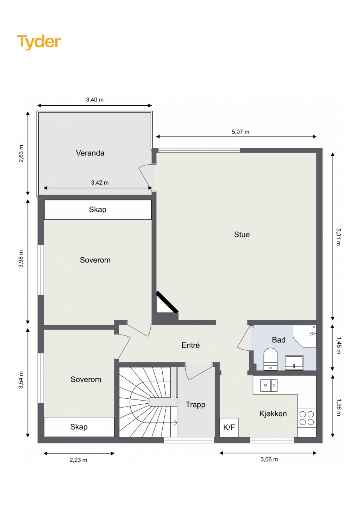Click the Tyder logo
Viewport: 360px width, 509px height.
(39, 42)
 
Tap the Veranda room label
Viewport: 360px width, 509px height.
(90, 153)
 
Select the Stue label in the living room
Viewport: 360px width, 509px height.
(242, 234)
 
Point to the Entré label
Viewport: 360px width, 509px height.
(191, 345)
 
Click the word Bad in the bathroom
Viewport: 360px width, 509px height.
(279, 340)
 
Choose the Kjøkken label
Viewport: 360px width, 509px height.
(273, 413)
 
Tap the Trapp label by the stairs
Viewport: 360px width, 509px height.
(195, 405)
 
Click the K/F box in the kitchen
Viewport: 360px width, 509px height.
(229, 428)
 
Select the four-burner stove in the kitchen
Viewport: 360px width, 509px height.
(307, 418)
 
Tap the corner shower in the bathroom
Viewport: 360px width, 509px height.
(305, 336)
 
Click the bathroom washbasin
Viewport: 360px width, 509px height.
(294, 363)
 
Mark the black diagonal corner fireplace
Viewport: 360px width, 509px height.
(167, 302)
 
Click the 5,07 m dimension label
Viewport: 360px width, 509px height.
(240, 132)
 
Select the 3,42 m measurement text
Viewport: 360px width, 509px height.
(100, 183)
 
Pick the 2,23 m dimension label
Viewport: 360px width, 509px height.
(78, 460)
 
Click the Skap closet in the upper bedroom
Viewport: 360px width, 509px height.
(98, 210)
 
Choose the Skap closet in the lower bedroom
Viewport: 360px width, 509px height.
(79, 427)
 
